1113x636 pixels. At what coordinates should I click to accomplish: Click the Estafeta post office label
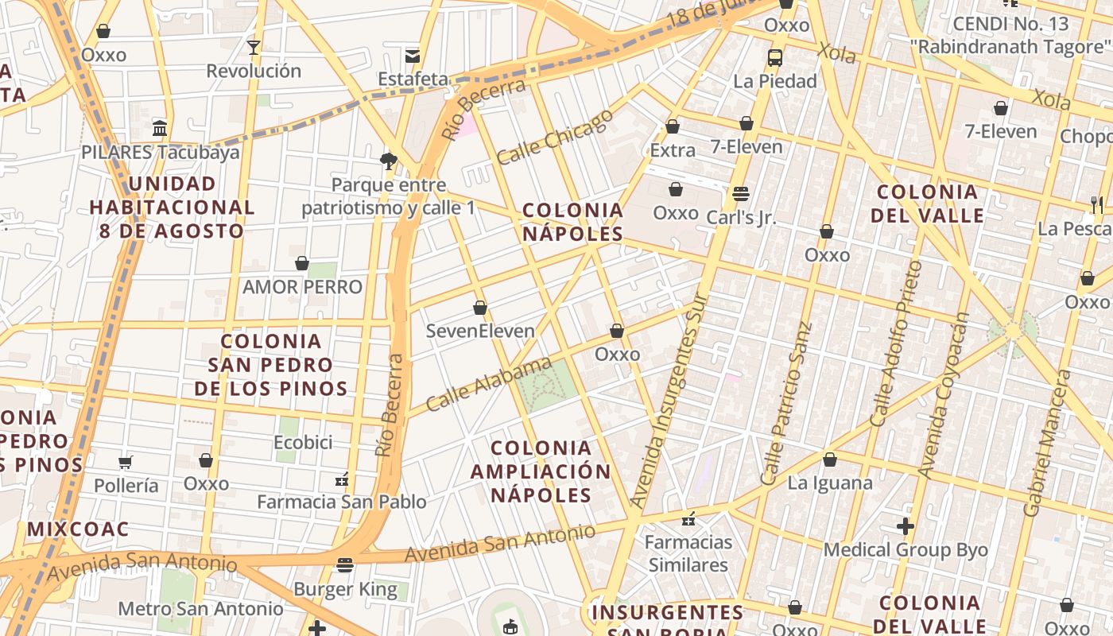[x=413, y=79]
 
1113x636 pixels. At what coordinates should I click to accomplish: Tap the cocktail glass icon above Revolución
[x=254, y=48]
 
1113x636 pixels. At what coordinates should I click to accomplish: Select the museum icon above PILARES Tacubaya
[x=160, y=128]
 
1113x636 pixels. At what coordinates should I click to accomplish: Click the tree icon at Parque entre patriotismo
[x=389, y=161]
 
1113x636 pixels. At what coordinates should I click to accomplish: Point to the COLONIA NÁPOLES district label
[x=572, y=222]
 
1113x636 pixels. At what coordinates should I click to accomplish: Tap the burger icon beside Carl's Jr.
[x=741, y=193]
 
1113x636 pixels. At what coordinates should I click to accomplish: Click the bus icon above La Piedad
[x=775, y=58]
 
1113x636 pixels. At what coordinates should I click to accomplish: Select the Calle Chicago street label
[x=555, y=137]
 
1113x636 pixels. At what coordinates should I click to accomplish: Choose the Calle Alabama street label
[x=488, y=385]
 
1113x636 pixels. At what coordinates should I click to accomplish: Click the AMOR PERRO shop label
[x=302, y=287]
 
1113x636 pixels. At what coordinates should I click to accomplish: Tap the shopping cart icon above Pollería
[x=126, y=462]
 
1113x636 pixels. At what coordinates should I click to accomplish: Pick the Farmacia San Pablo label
[x=342, y=502]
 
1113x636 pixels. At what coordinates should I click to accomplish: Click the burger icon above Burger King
[x=344, y=565]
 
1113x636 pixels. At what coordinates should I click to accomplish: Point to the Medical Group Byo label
[x=906, y=549]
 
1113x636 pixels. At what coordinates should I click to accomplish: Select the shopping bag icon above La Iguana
[x=830, y=460]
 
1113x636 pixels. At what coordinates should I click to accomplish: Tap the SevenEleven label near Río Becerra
[x=480, y=331]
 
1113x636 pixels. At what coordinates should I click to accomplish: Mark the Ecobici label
[x=303, y=442]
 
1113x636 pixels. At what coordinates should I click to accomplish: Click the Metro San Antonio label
[x=200, y=609]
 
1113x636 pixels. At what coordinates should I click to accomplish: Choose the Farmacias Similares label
[x=688, y=553]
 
